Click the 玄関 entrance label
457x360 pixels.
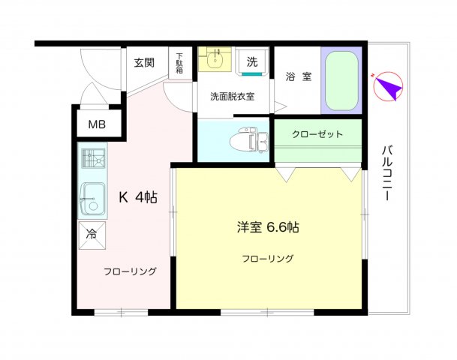pyautogui.click(x=144, y=62)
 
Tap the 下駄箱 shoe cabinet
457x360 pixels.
pyautogui.click(x=180, y=63)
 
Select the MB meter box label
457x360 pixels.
pyautogui.click(x=97, y=124)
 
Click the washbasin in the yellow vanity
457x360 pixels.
pyautogui.click(x=215, y=59)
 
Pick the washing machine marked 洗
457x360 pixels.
pyautogui.click(x=252, y=61)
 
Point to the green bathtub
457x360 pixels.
pyautogui.click(x=341, y=81)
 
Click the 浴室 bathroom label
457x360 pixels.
pyautogui.click(x=299, y=76)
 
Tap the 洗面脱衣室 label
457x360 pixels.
pyautogui.click(x=233, y=97)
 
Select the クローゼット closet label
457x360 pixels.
pyautogui.click(x=317, y=134)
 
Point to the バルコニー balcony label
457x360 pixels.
pyautogui.click(x=387, y=173)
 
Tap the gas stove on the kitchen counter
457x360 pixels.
pyautogui.click(x=93, y=158)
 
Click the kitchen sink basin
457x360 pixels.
pyautogui.click(x=93, y=200)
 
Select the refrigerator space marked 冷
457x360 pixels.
pyautogui.click(x=92, y=235)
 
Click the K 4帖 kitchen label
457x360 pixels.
pyautogui.click(x=138, y=197)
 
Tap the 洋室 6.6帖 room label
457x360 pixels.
pyautogui.click(x=268, y=227)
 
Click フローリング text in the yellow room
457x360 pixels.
pyautogui.click(x=268, y=259)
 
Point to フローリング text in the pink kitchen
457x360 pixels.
pyautogui.click(x=130, y=271)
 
